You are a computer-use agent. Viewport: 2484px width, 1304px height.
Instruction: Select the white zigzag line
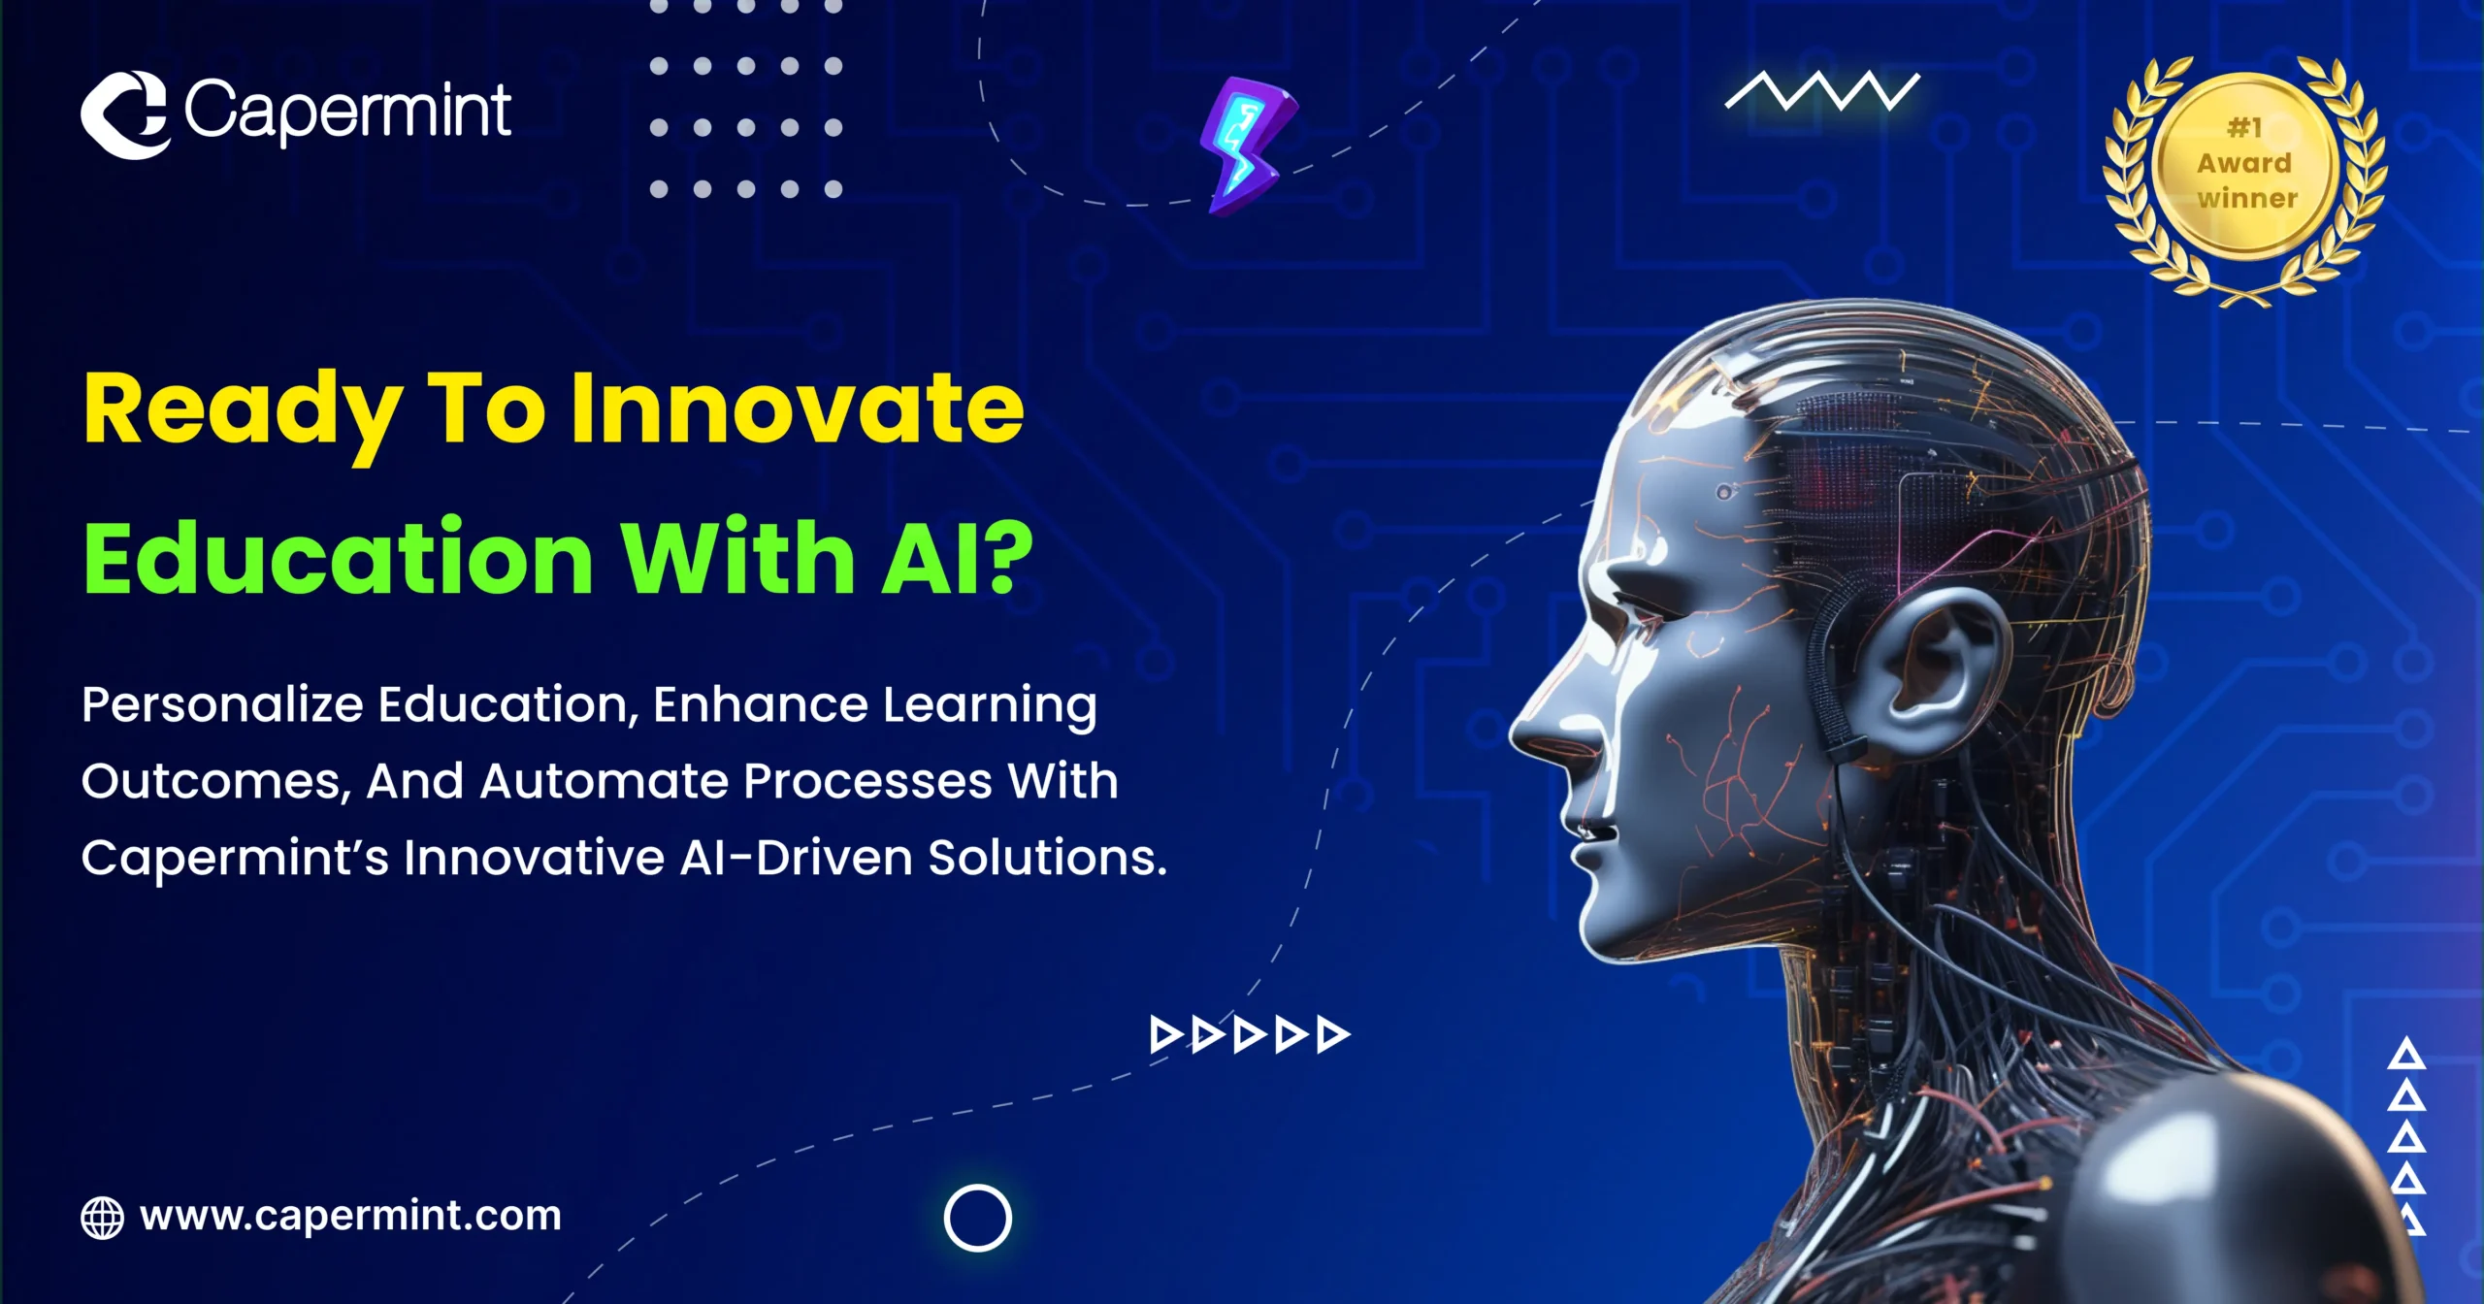pyautogui.click(x=1822, y=92)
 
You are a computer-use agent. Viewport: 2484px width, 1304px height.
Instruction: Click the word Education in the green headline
pyautogui.click(x=338, y=559)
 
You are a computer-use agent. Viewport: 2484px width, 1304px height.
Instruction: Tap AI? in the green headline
pyautogui.click(x=957, y=559)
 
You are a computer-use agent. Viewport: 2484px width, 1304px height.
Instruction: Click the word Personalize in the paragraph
pyautogui.click(x=222, y=704)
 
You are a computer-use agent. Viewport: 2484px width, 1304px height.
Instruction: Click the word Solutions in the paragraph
pyautogui.click(x=1047, y=858)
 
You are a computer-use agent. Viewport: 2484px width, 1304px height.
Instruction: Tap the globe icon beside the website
pyautogui.click(x=102, y=1218)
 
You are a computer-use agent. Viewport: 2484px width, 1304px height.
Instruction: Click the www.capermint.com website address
pyautogui.click(x=350, y=1216)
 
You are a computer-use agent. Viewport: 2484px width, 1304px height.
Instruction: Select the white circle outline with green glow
pyautogui.click(x=977, y=1218)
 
